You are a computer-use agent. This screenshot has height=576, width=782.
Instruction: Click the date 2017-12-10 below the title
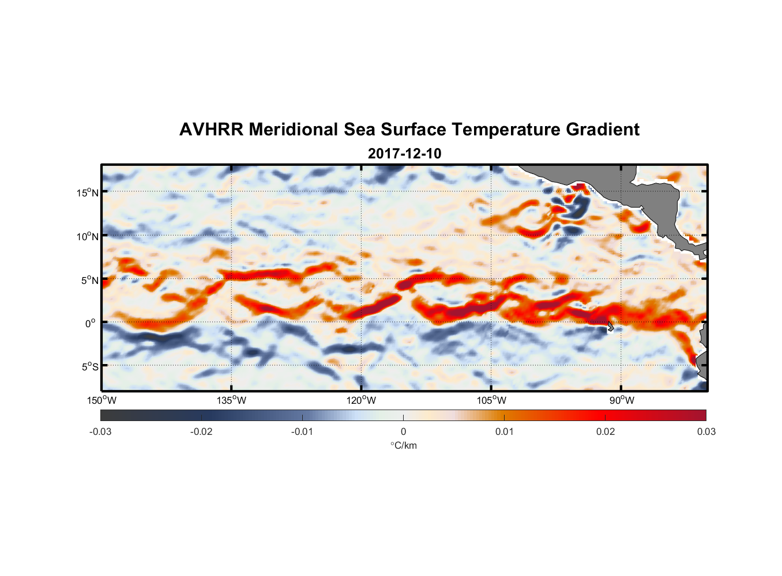click(x=404, y=154)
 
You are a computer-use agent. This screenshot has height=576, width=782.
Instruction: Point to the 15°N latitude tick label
click(x=88, y=192)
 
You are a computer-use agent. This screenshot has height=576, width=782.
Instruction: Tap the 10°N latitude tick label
click(x=88, y=236)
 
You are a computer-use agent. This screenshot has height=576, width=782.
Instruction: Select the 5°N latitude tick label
click(x=89, y=280)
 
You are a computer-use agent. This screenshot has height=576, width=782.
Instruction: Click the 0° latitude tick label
click(x=91, y=323)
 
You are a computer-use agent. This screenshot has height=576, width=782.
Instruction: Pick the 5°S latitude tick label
click(x=89, y=366)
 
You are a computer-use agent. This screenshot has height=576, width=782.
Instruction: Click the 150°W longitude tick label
click(x=101, y=400)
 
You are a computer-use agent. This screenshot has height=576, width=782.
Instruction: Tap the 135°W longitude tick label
click(x=232, y=400)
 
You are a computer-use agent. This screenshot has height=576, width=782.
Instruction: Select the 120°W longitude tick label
click(x=362, y=400)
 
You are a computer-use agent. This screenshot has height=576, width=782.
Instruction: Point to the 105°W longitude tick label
click(x=491, y=400)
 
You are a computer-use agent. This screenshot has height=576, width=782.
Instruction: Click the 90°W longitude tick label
click(x=622, y=400)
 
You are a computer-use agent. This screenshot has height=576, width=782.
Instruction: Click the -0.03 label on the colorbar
click(x=100, y=431)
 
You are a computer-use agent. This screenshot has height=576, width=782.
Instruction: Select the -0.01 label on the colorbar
click(x=302, y=431)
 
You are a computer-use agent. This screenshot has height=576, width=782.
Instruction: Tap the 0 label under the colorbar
click(x=403, y=431)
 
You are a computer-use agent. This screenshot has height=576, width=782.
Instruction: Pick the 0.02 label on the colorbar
click(x=606, y=431)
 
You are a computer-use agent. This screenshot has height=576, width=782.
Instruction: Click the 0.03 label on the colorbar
click(x=706, y=431)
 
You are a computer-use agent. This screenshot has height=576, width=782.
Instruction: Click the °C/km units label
click(x=404, y=445)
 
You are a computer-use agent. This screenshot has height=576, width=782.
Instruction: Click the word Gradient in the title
click(x=603, y=130)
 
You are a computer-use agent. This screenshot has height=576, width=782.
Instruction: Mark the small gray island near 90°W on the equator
click(x=610, y=327)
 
